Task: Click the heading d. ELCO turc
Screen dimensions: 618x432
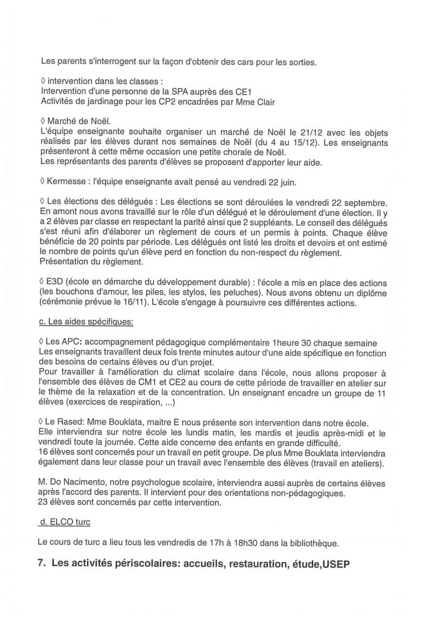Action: (x=66, y=522)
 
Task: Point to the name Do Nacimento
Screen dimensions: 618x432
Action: (x=78, y=482)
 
